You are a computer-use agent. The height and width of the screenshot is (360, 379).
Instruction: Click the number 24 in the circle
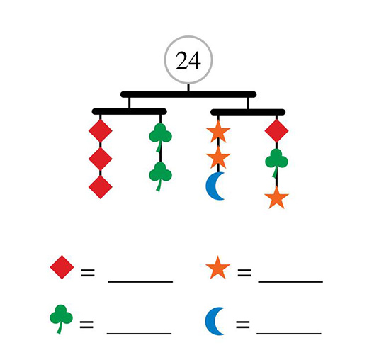[x=188, y=60]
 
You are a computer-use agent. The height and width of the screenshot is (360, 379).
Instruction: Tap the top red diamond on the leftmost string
[x=101, y=131]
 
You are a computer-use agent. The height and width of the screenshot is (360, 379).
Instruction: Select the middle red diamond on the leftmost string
[x=101, y=159]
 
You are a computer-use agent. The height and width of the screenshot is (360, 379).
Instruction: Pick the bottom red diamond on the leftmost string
[x=101, y=187]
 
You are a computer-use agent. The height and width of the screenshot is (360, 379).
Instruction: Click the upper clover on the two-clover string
[x=160, y=135]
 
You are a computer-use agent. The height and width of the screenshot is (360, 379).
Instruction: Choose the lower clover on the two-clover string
[x=160, y=174]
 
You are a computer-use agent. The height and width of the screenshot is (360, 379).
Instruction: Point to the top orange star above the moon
[x=218, y=132]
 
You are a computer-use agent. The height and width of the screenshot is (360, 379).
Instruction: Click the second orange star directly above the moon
[x=218, y=157]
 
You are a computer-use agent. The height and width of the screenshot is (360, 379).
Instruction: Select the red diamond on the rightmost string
[x=276, y=131]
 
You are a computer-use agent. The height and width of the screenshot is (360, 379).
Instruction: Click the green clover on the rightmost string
[x=276, y=161]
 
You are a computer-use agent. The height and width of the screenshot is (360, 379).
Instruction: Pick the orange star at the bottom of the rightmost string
[x=276, y=198]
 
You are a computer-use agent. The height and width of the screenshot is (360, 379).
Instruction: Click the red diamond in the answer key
[x=62, y=267]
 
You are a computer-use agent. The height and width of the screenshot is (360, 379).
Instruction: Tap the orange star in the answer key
[x=217, y=268]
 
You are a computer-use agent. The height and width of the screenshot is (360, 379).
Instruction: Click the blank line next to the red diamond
[x=140, y=281]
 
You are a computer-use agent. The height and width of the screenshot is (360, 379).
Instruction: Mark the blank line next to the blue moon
[x=289, y=333]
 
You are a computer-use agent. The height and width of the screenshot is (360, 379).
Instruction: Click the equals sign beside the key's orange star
[x=244, y=273]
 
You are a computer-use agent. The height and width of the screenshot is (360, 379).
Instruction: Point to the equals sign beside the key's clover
[x=86, y=325]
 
